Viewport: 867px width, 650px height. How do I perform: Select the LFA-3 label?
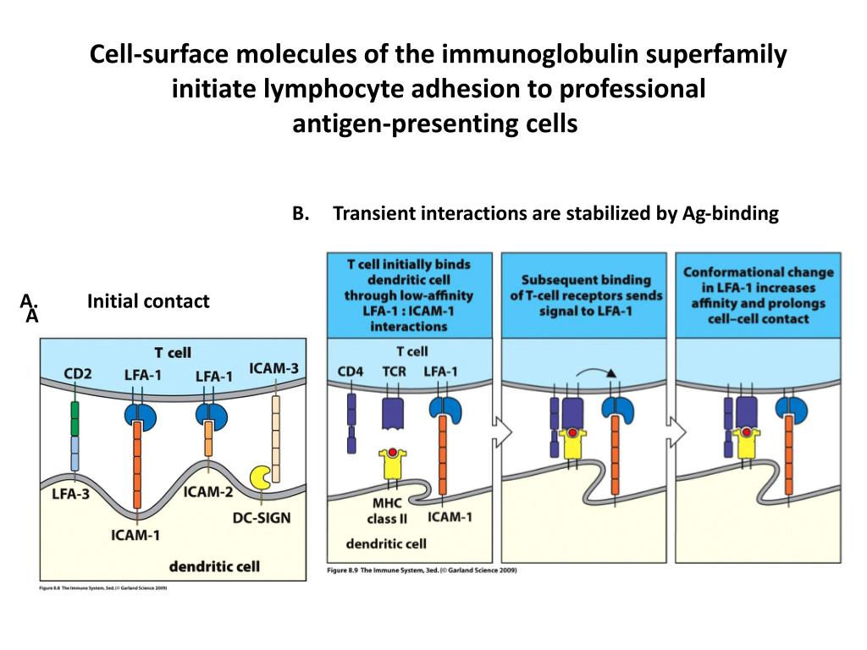(70, 493)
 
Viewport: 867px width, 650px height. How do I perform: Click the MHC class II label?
(387, 510)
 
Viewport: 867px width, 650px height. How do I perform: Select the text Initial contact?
(147, 300)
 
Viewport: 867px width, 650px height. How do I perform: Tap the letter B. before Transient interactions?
(300, 213)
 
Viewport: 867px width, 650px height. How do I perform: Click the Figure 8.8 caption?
(104, 587)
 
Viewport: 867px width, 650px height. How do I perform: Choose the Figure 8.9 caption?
(422, 570)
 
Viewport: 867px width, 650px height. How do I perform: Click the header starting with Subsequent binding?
(586, 295)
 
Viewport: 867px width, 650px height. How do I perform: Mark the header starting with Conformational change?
(758, 295)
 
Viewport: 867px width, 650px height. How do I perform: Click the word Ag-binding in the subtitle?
(730, 213)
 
